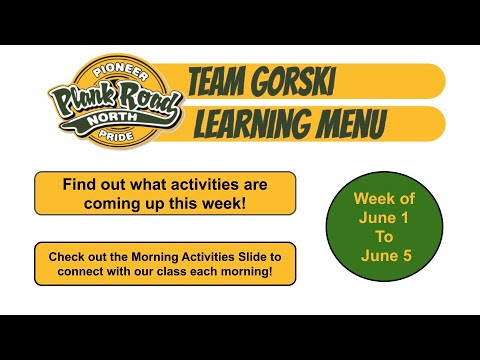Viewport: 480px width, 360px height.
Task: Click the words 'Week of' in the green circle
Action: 384,199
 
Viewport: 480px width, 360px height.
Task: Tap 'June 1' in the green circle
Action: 384,219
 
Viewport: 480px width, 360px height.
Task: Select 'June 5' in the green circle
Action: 384,259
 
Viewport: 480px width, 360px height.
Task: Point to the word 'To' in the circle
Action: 384,239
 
